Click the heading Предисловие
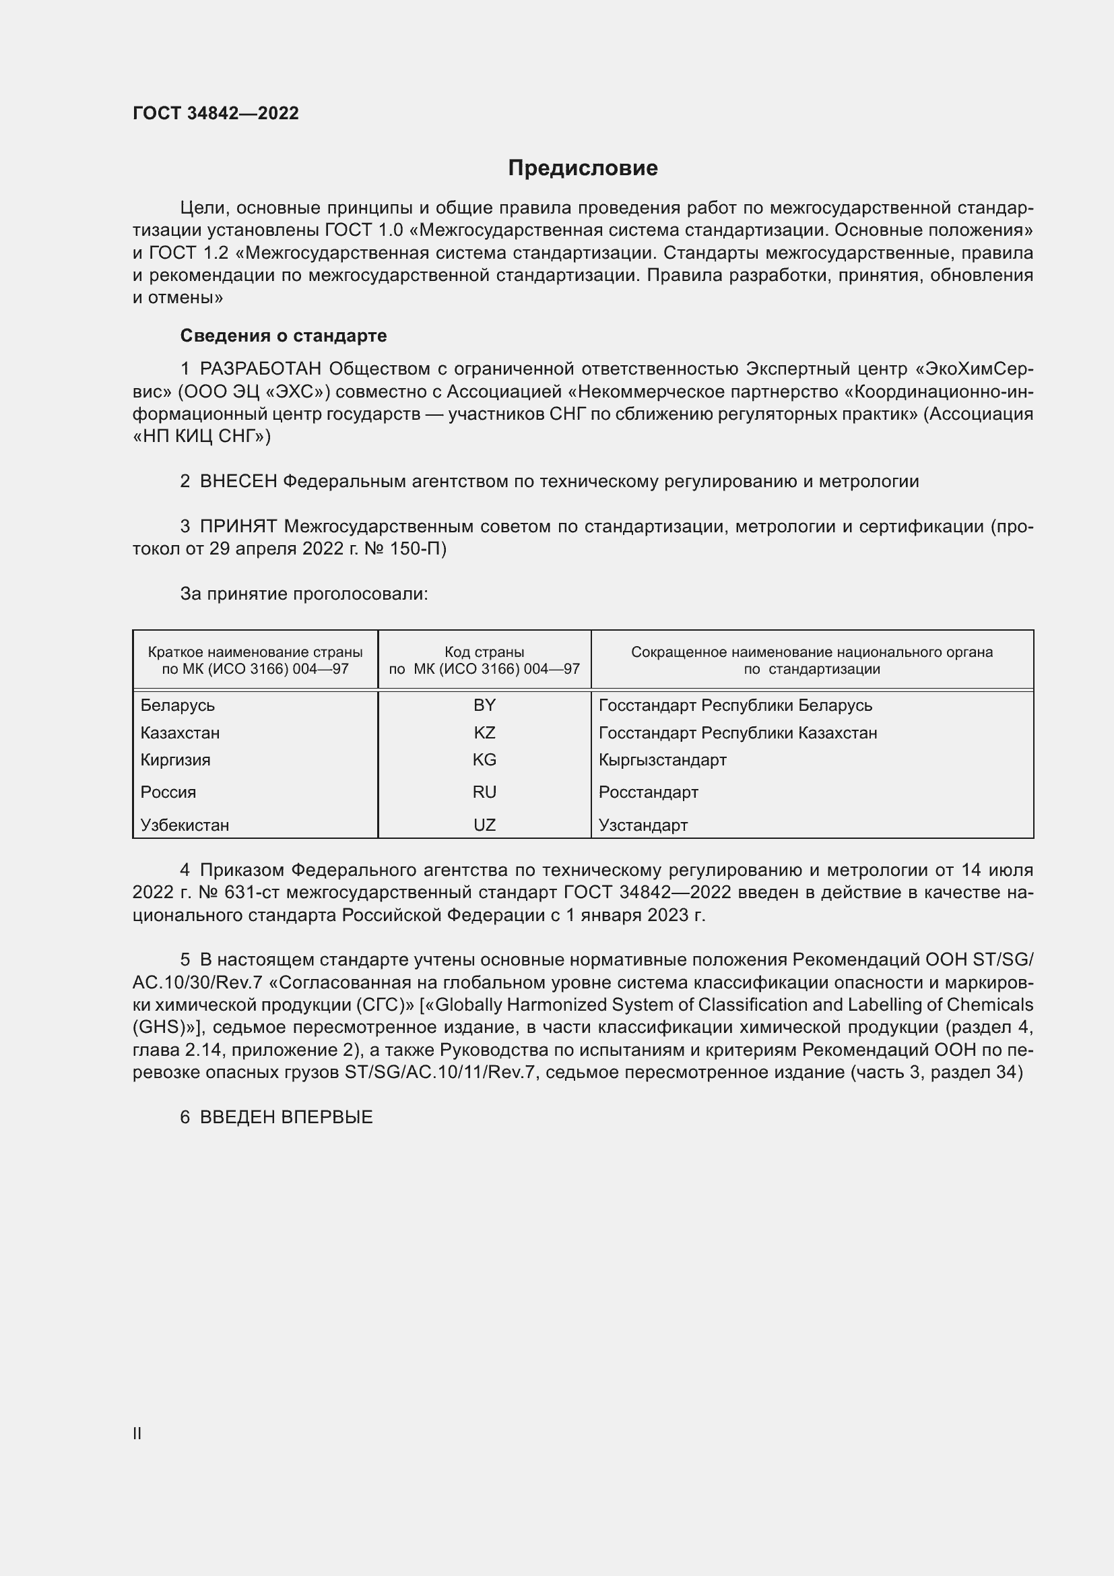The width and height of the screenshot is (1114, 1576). click(x=583, y=168)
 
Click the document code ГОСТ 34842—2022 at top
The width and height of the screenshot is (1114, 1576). click(x=216, y=113)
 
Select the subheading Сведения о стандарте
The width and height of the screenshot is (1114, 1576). click(x=284, y=336)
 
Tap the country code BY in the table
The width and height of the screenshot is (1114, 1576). click(x=484, y=705)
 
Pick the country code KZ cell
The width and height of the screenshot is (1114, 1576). click(x=484, y=732)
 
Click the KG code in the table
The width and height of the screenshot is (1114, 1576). click(x=484, y=760)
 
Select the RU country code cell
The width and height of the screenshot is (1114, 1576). click(x=484, y=792)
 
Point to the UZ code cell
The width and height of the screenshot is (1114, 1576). click(x=484, y=825)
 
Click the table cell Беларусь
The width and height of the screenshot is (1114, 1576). click(x=178, y=705)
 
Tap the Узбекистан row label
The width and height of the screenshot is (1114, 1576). click(x=185, y=825)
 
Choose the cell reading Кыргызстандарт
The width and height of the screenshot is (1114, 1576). click(x=662, y=760)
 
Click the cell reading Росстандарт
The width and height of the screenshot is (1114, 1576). click(x=648, y=792)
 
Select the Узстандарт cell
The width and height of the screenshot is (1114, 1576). click(x=643, y=825)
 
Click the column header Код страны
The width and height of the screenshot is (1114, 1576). click(x=484, y=652)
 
